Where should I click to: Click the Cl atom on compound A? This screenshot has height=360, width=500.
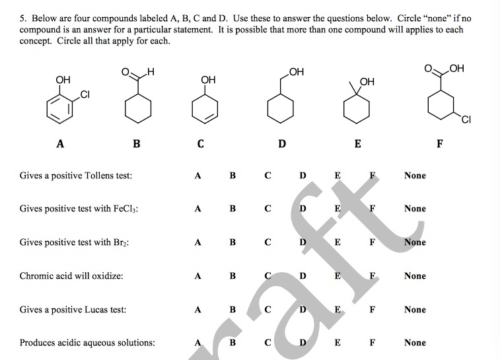(84, 95)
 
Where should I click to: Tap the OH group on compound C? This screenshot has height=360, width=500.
(208, 80)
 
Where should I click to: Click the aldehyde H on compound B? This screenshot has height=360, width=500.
(151, 72)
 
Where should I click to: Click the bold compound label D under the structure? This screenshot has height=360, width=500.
(282, 143)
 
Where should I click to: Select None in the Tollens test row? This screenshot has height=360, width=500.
(415, 176)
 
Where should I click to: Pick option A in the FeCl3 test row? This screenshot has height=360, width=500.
(197, 209)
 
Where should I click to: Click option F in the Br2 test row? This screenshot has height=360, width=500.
(373, 242)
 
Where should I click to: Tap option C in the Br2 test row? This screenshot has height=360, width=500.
(268, 242)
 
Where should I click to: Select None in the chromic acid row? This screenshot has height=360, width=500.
(415, 276)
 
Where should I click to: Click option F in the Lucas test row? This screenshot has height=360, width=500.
(373, 309)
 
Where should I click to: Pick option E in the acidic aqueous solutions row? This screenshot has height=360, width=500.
(338, 343)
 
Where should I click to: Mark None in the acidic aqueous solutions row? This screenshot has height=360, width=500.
(415, 343)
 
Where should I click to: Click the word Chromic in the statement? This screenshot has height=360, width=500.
(36, 276)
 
